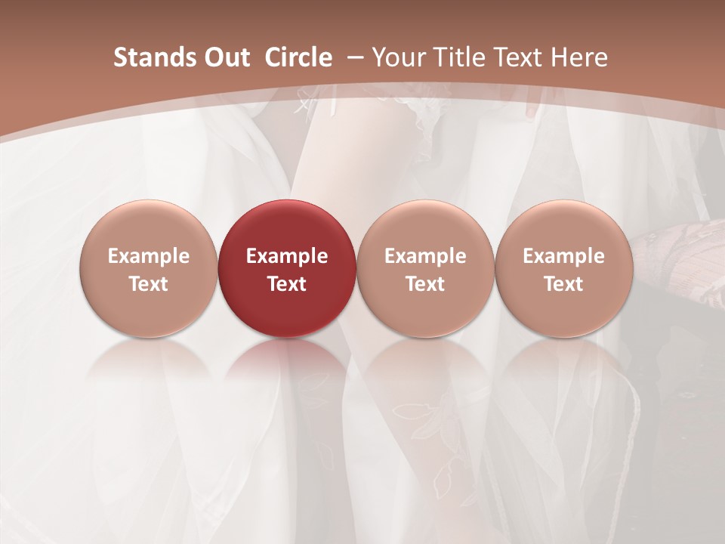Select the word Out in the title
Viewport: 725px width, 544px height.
225,57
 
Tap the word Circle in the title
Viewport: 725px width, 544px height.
298,57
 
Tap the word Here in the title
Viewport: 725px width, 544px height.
580,57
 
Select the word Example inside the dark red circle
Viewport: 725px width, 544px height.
287,256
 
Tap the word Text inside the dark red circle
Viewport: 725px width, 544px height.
287,284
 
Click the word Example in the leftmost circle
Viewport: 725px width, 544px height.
149,256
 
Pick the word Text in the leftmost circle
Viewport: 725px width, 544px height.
149,284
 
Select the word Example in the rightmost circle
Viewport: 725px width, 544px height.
563,256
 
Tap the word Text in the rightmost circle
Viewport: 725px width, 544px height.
563,284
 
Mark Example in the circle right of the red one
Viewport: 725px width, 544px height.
425,256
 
